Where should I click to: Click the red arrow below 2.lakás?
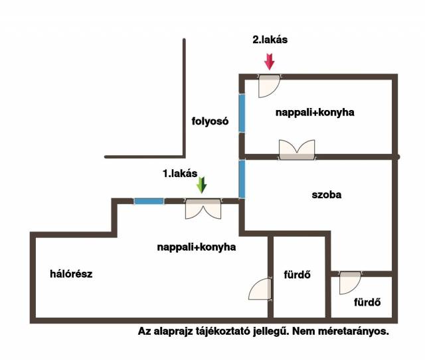tap(269, 62)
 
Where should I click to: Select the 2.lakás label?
tap(270, 40)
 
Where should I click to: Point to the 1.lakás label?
tap(180, 174)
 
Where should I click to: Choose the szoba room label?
tap(325, 196)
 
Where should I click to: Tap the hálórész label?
tap(70, 273)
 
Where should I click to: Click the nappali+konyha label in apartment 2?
tap(315, 113)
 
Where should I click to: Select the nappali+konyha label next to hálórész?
tap(197, 247)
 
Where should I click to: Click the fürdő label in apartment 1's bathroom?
tap(297, 274)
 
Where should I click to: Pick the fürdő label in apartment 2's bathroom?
tap(367, 304)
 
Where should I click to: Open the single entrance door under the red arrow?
tap(269, 85)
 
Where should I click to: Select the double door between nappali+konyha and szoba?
tap(297, 149)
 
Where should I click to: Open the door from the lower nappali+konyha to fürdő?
tap(260, 289)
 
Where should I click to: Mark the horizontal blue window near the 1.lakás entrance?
tap(149, 201)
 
